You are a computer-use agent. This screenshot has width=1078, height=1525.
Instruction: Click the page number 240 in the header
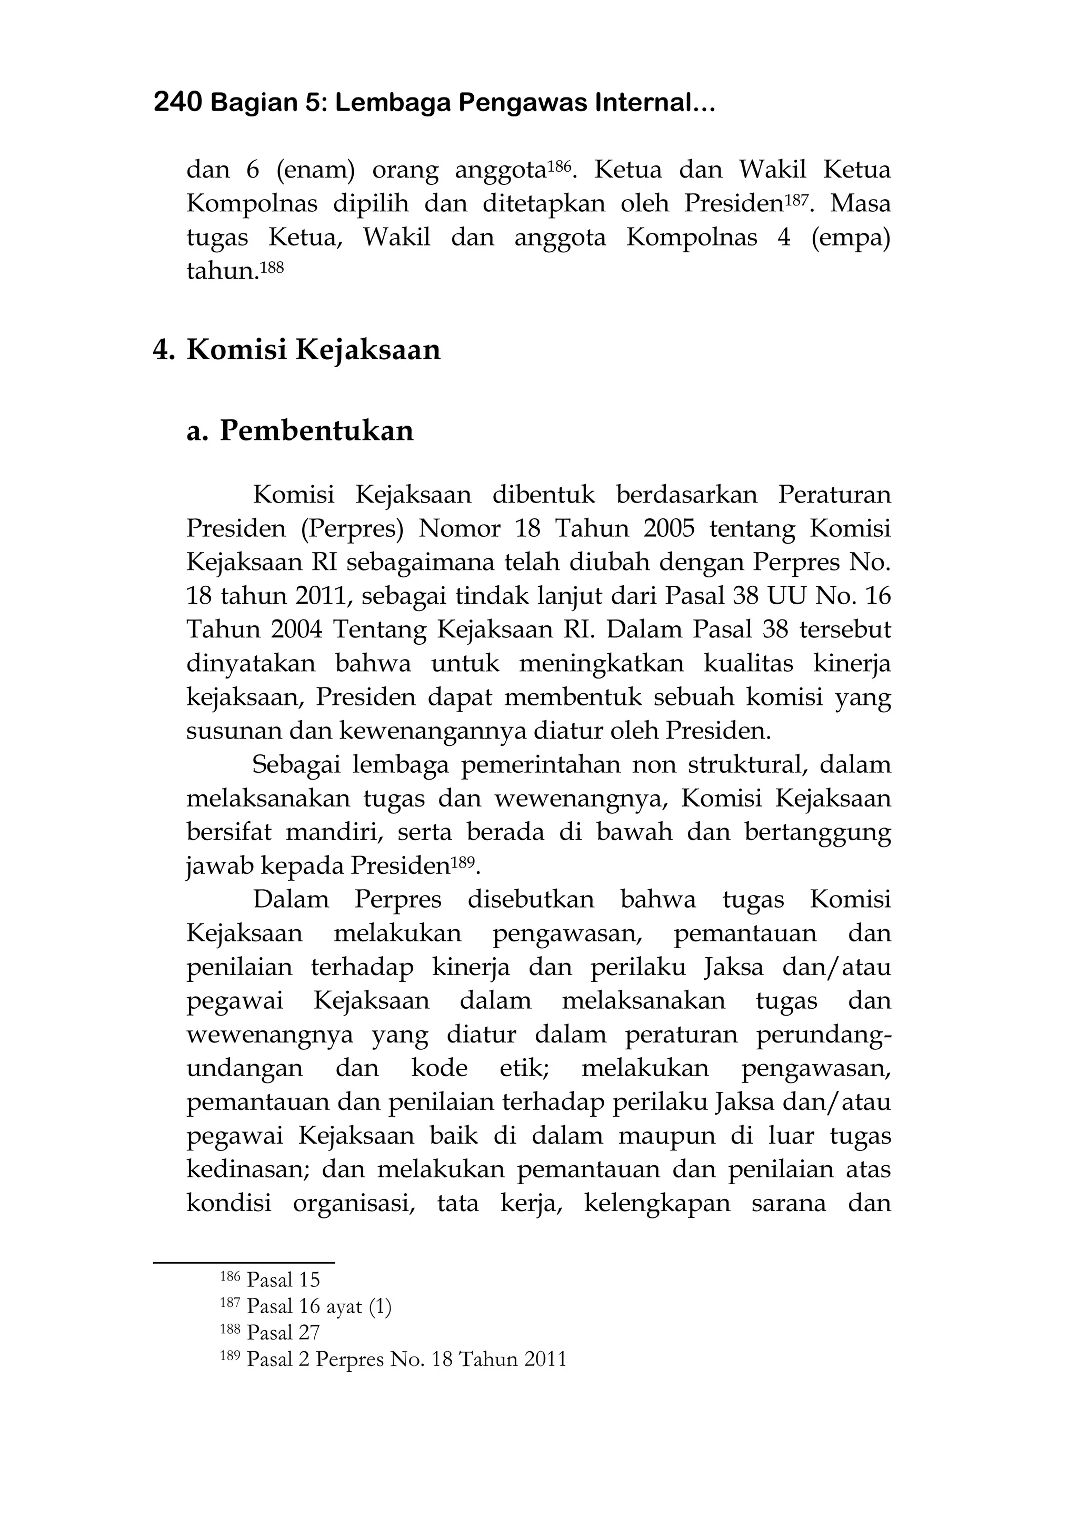(177, 103)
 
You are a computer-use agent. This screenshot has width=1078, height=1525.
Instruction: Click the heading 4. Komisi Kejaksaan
(297, 349)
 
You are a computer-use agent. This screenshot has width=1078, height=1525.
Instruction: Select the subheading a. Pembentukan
(300, 430)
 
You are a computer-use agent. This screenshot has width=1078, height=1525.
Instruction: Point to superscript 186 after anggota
(558, 163)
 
